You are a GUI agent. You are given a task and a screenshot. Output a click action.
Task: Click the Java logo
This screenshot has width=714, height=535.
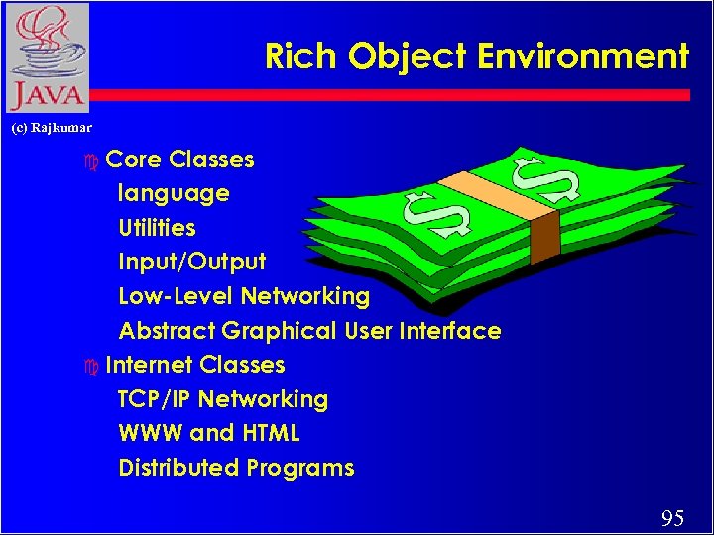point(46,57)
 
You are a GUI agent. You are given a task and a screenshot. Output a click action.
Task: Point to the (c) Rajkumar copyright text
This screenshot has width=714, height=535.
point(52,128)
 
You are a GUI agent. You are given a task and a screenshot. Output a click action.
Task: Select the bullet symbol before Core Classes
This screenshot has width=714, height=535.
point(92,160)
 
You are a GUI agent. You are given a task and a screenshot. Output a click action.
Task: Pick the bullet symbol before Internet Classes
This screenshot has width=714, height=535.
point(92,366)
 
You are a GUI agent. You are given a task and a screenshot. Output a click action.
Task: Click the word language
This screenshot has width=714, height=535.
point(174,194)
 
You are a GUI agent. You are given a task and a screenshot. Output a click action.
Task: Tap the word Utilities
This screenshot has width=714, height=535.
point(157,228)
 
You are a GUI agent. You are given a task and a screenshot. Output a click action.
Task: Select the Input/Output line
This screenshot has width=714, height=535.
point(191,263)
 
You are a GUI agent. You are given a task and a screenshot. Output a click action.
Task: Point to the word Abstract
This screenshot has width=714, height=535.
point(166,331)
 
